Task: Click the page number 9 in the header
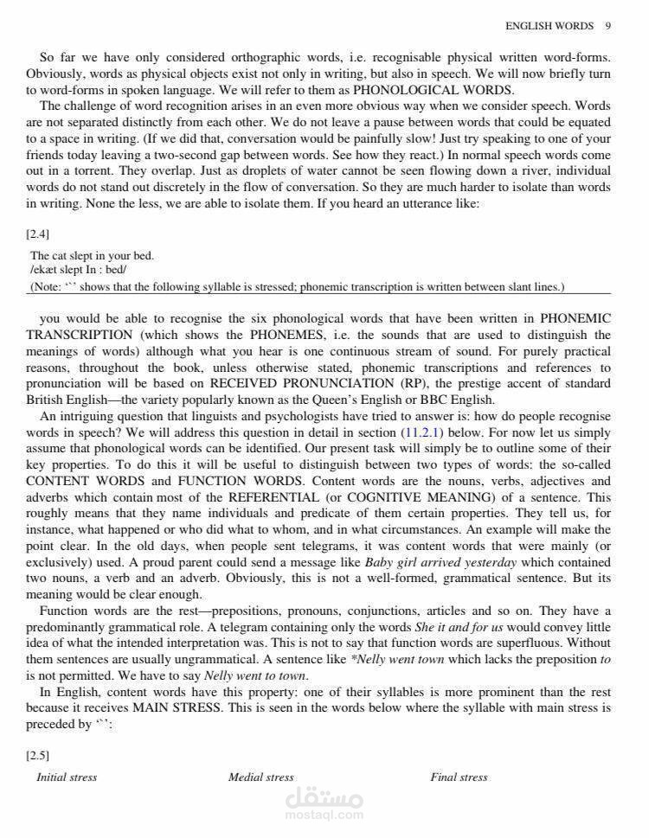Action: point(608,26)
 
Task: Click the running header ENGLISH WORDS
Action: point(549,26)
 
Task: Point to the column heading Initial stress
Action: point(67,777)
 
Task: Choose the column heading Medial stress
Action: point(260,777)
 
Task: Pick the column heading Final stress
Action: point(459,777)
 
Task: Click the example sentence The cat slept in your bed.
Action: point(92,256)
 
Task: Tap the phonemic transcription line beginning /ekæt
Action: point(78,271)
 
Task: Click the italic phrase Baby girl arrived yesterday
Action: point(440,562)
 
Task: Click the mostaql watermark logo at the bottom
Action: point(324,804)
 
